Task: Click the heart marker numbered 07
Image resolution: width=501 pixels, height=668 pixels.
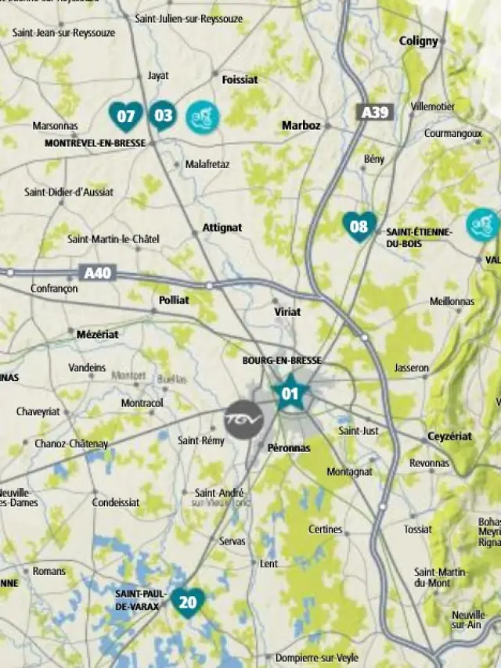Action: click(125, 117)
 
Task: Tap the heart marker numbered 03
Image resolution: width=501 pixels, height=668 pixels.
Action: click(163, 117)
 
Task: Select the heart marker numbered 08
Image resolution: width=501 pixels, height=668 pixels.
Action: click(359, 227)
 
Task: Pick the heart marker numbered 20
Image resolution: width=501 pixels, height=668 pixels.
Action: click(188, 602)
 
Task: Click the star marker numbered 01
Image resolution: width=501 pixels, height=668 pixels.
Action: click(290, 393)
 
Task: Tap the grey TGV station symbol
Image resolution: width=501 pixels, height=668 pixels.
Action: click(243, 419)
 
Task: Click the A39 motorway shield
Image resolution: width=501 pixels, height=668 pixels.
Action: click(375, 113)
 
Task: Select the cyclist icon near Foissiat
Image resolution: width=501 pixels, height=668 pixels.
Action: click(203, 117)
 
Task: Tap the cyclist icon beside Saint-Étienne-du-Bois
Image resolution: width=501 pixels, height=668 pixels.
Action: click(482, 224)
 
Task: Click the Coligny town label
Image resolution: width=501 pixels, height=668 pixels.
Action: click(419, 41)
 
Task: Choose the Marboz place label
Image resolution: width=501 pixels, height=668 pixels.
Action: click(301, 125)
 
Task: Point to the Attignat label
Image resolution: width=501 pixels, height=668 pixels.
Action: click(222, 228)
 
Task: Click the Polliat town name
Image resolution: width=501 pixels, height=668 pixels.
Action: click(174, 300)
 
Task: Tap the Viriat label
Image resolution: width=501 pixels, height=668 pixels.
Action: click(287, 311)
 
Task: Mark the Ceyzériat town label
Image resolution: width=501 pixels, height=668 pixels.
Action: click(449, 436)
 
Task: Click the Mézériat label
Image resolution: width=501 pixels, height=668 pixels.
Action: click(98, 334)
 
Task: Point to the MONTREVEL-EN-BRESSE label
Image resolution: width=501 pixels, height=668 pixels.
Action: click(95, 143)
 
